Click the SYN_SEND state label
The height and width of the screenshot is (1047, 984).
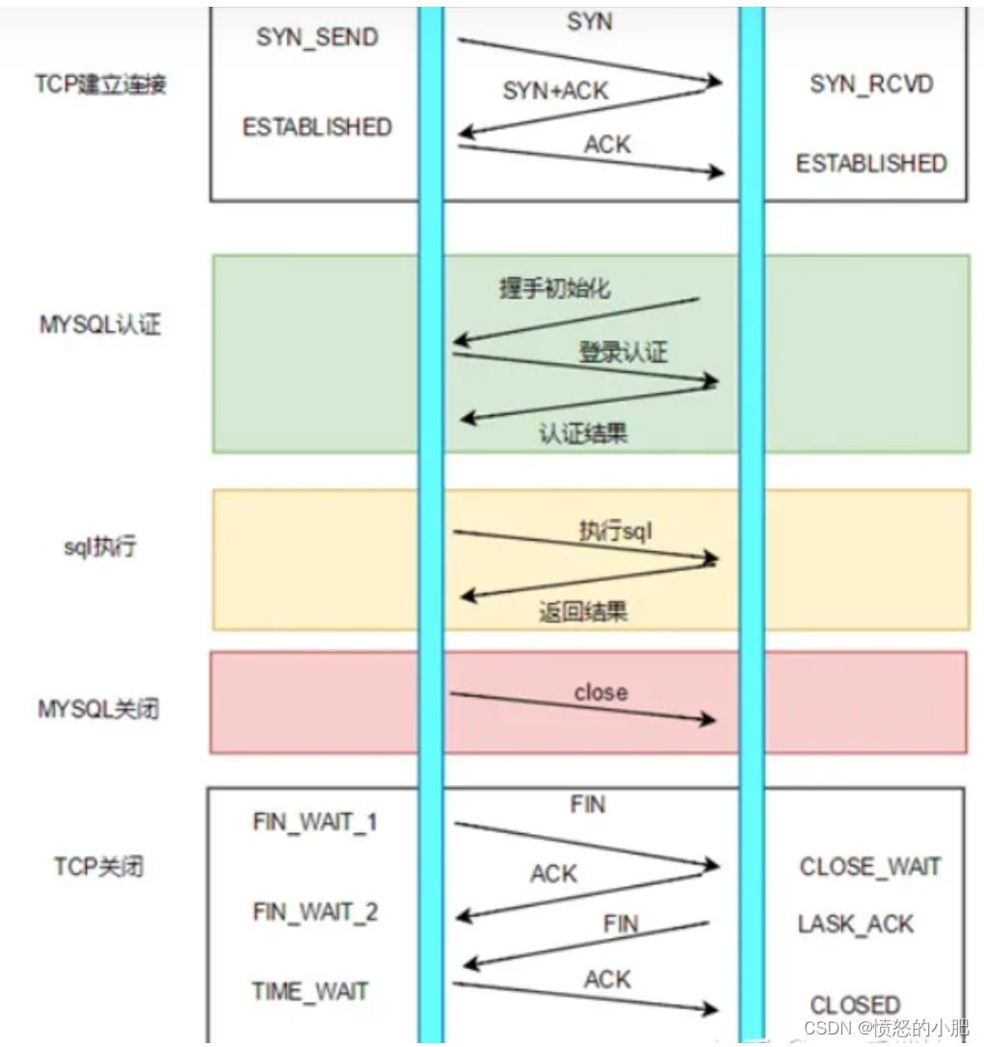(x=317, y=38)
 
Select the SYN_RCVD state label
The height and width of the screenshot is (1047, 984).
(x=871, y=85)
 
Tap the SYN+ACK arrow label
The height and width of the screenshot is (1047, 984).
(x=556, y=92)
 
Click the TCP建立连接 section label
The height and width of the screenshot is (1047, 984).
(x=101, y=84)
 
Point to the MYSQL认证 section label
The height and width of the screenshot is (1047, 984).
(x=100, y=324)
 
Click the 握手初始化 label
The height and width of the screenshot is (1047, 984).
(x=554, y=288)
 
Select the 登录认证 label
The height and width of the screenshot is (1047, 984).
(x=622, y=352)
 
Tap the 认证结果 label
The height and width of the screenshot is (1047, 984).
(x=583, y=432)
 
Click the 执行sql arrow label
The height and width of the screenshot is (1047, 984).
(x=617, y=531)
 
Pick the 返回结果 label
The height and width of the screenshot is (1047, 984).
(x=583, y=612)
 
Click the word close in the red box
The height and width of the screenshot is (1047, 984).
(x=600, y=693)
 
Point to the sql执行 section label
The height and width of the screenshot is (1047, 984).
(x=100, y=547)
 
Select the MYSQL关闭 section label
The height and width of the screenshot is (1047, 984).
(x=98, y=709)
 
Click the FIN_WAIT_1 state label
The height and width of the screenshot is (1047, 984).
(x=315, y=823)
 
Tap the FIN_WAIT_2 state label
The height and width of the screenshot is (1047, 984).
(x=315, y=911)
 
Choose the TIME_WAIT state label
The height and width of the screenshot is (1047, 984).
(x=310, y=991)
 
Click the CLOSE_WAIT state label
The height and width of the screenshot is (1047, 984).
(x=869, y=867)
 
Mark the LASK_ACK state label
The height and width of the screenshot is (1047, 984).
(x=855, y=925)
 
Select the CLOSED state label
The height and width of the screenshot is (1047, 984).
(x=855, y=1005)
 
